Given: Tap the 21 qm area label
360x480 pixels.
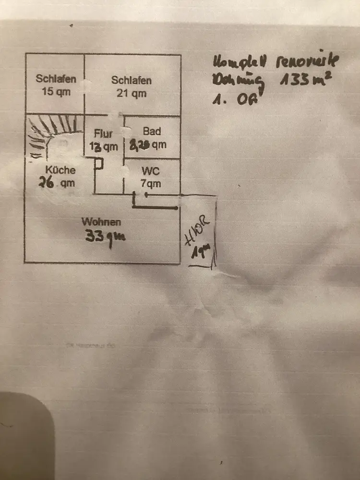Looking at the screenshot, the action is [x=132, y=93].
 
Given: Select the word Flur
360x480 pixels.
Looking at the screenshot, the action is [x=104, y=134].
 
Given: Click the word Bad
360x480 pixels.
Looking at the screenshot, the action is [x=152, y=132].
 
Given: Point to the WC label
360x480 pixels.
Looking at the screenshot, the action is [x=151, y=171].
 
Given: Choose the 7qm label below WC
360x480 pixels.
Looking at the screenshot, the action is [x=151, y=183].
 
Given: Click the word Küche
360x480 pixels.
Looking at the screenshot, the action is [x=60, y=169].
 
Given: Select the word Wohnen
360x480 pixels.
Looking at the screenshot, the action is [x=101, y=222].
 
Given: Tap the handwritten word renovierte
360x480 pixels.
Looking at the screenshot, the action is [x=307, y=61].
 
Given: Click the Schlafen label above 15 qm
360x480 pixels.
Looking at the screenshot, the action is [x=56, y=79].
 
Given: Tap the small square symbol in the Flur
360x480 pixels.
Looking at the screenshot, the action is [x=98, y=164].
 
